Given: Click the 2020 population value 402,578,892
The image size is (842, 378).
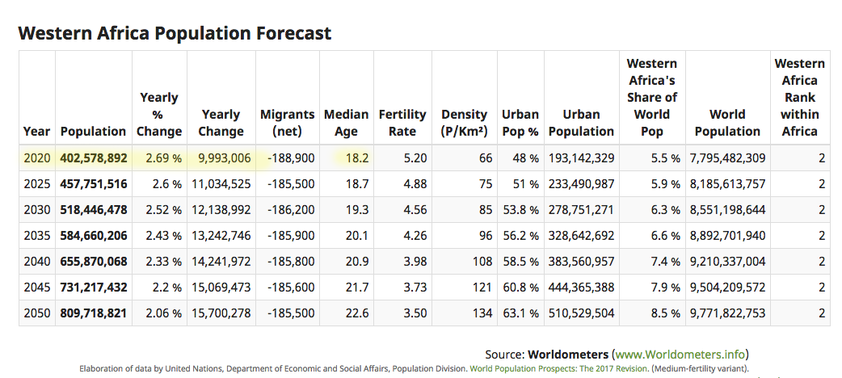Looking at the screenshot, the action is coord(94,158).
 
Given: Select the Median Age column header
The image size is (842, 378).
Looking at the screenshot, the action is coord(347,123).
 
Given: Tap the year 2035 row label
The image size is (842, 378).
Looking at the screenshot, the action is coord(37,236).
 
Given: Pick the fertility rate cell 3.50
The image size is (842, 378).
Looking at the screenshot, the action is coord(415,313).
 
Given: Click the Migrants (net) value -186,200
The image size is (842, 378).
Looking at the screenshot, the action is coord(291,210).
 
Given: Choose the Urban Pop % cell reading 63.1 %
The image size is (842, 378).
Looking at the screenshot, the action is coord(520,313).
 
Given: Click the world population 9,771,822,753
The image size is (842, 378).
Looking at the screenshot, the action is coord(727,313).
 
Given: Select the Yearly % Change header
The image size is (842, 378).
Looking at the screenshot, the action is coord(159,115).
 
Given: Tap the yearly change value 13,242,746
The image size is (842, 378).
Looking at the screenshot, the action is coord(221,236).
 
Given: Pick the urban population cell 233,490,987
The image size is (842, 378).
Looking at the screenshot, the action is coord(581,184).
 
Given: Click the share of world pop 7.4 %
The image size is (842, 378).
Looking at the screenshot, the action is coord(665,262).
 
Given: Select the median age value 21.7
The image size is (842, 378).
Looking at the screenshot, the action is coord(357,288).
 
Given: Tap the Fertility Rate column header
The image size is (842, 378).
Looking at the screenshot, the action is coord(402,123).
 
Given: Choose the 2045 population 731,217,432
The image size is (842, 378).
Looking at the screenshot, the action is coord(94,288).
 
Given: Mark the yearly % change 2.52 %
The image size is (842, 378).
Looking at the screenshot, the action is coord(163,210).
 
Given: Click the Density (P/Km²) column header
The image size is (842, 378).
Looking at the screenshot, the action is coord(464,123).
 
